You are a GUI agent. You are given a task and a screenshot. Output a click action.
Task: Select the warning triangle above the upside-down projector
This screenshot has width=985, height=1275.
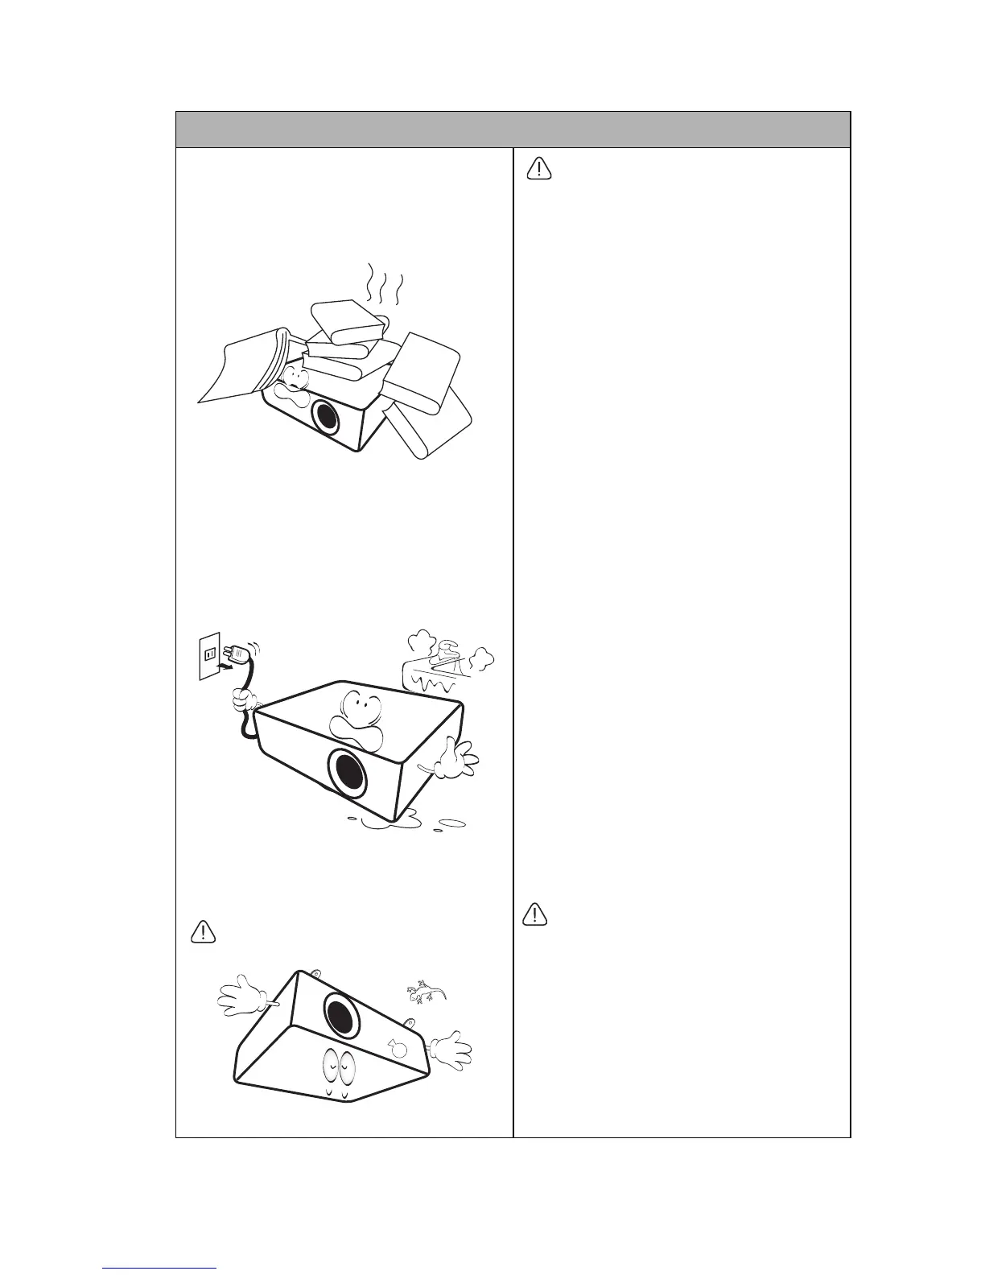(x=204, y=931)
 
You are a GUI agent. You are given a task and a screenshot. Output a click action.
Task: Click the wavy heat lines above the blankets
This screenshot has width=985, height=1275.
(x=384, y=285)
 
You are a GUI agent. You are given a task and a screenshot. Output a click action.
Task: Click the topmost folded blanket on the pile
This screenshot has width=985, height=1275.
(x=348, y=320)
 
